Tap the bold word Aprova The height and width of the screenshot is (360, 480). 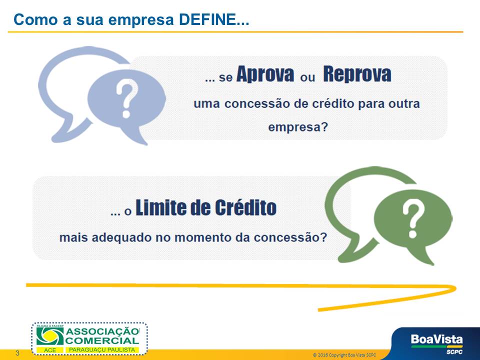click(x=265, y=74)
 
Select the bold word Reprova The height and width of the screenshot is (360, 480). click(x=357, y=74)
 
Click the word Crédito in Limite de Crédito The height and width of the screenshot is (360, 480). click(x=245, y=207)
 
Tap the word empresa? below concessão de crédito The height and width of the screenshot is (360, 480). click(x=298, y=127)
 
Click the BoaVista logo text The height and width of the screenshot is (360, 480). click(x=437, y=339)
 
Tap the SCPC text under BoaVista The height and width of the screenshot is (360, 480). click(x=454, y=351)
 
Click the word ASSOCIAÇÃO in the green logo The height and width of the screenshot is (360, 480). click(x=102, y=332)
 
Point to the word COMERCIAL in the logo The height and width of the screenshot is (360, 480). click(x=102, y=340)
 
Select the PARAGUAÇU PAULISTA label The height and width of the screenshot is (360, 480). click(x=102, y=349)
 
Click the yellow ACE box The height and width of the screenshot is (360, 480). click(x=50, y=350)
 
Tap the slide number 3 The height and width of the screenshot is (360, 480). click(x=17, y=353)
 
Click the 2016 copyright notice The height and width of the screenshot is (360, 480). click(x=344, y=355)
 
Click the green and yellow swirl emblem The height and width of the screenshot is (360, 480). click(x=50, y=336)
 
